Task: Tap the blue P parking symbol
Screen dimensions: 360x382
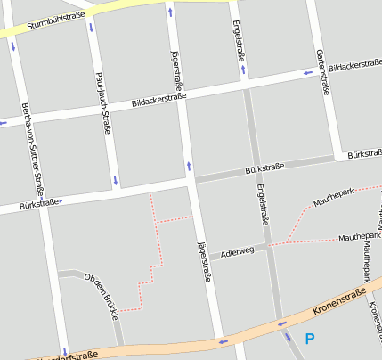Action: tap(310, 339)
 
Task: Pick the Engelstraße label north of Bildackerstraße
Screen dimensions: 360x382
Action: tap(239, 40)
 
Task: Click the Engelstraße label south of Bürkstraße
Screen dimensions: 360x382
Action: tap(262, 205)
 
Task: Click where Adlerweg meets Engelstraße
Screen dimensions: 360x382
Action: tap(268, 246)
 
